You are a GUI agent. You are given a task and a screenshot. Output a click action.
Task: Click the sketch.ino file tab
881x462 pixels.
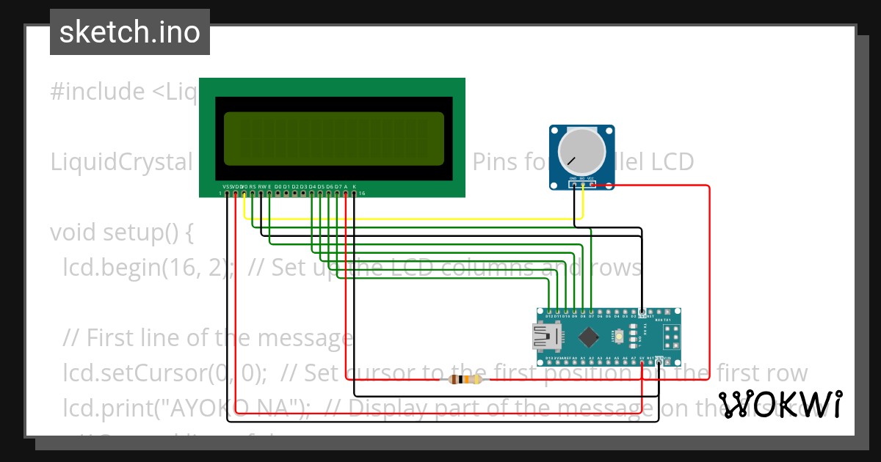(130, 32)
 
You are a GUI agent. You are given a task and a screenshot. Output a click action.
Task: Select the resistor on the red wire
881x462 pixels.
(465, 379)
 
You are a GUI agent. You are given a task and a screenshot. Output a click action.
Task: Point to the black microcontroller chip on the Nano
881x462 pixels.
(589, 337)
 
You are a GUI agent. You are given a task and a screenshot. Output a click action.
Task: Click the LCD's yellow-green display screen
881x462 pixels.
(334, 139)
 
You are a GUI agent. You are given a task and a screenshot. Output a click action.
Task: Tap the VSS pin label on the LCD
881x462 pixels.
(226, 187)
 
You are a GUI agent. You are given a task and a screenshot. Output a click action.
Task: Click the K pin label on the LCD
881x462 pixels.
(354, 187)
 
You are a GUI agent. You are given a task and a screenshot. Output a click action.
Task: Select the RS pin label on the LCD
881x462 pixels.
(253, 187)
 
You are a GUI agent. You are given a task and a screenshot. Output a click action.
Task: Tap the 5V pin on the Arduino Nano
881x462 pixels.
(642, 359)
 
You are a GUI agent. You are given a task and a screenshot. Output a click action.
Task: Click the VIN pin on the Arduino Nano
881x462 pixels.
(667, 359)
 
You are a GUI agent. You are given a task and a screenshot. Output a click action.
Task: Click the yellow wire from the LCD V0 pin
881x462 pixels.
(411, 218)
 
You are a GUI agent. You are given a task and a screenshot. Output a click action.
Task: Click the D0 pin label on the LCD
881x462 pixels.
(278, 187)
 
